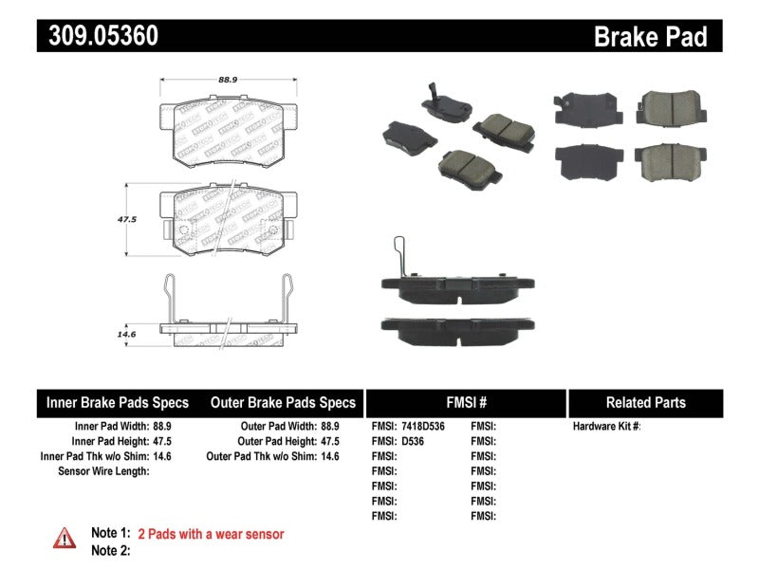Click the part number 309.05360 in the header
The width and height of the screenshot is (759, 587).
(99, 36)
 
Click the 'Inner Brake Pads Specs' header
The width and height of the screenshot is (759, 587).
(118, 403)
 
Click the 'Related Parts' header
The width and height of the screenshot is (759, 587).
(645, 403)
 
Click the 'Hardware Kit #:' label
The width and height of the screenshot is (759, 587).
(607, 427)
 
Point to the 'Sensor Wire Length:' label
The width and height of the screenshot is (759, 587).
(103, 471)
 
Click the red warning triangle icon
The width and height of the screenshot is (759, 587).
(65, 538)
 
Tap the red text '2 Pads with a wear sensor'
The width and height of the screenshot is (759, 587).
(211, 535)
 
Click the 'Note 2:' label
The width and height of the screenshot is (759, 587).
(110, 550)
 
